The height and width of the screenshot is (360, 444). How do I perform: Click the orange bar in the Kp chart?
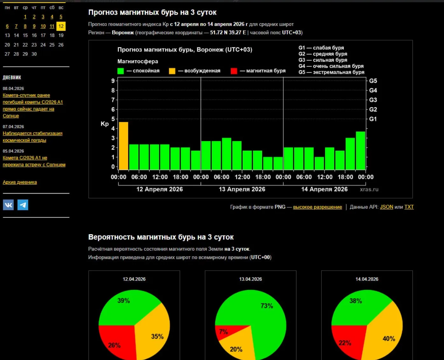[123, 146]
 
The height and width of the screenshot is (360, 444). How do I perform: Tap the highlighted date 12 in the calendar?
[61, 26]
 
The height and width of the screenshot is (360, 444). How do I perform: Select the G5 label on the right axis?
[373, 81]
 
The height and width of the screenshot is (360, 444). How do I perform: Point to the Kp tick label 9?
[113, 81]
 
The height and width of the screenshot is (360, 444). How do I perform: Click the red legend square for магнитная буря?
[234, 71]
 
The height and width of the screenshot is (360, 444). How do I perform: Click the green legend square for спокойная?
[121, 71]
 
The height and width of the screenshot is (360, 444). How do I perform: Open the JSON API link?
[386, 207]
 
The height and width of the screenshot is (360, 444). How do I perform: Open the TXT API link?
[409, 207]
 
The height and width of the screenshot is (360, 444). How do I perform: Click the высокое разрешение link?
[317, 207]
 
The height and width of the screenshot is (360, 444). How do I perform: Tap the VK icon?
[8, 205]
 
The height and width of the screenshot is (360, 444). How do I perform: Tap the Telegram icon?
[23, 205]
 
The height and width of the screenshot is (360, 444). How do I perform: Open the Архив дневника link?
[20, 182]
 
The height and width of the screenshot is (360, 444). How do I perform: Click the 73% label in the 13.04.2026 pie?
[267, 306]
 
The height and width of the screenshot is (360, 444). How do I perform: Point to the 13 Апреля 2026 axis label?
[242, 189]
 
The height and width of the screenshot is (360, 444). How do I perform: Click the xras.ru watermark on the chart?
[369, 190]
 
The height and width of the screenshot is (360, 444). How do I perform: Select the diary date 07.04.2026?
[13, 127]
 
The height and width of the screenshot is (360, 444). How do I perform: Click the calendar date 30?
[34, 54]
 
